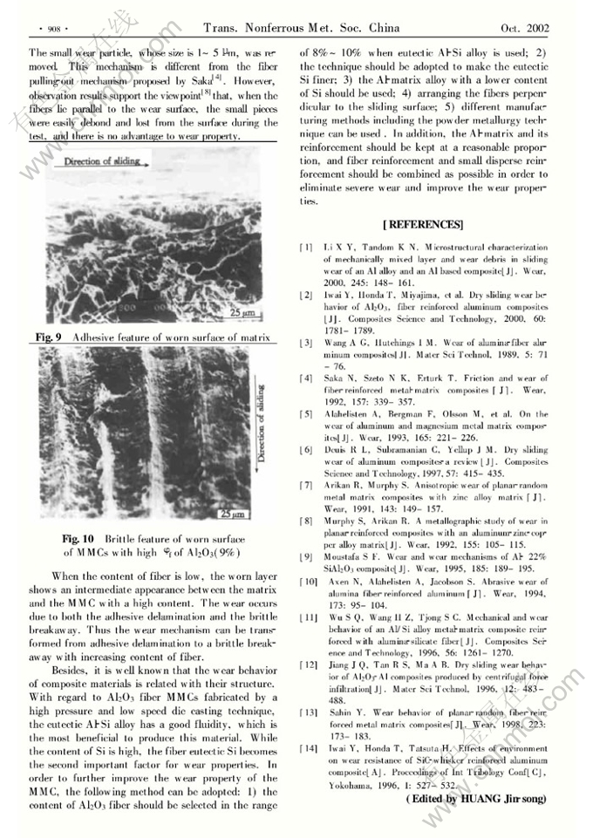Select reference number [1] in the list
[x=306, y=249]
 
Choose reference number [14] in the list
[x=308, y=748]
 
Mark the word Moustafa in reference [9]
[x=344, y=555]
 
